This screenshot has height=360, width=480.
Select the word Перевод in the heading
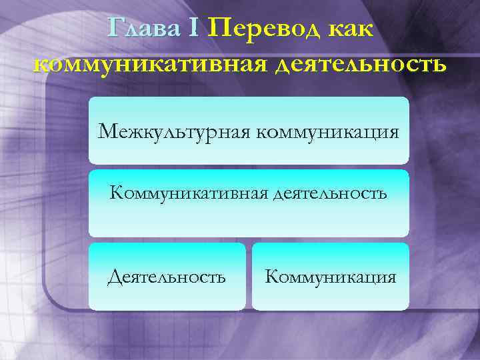[261, 29]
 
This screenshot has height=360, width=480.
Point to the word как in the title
[349, 30]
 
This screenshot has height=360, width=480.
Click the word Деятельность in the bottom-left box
[167, 276]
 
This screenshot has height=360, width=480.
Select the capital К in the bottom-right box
[271, 276]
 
